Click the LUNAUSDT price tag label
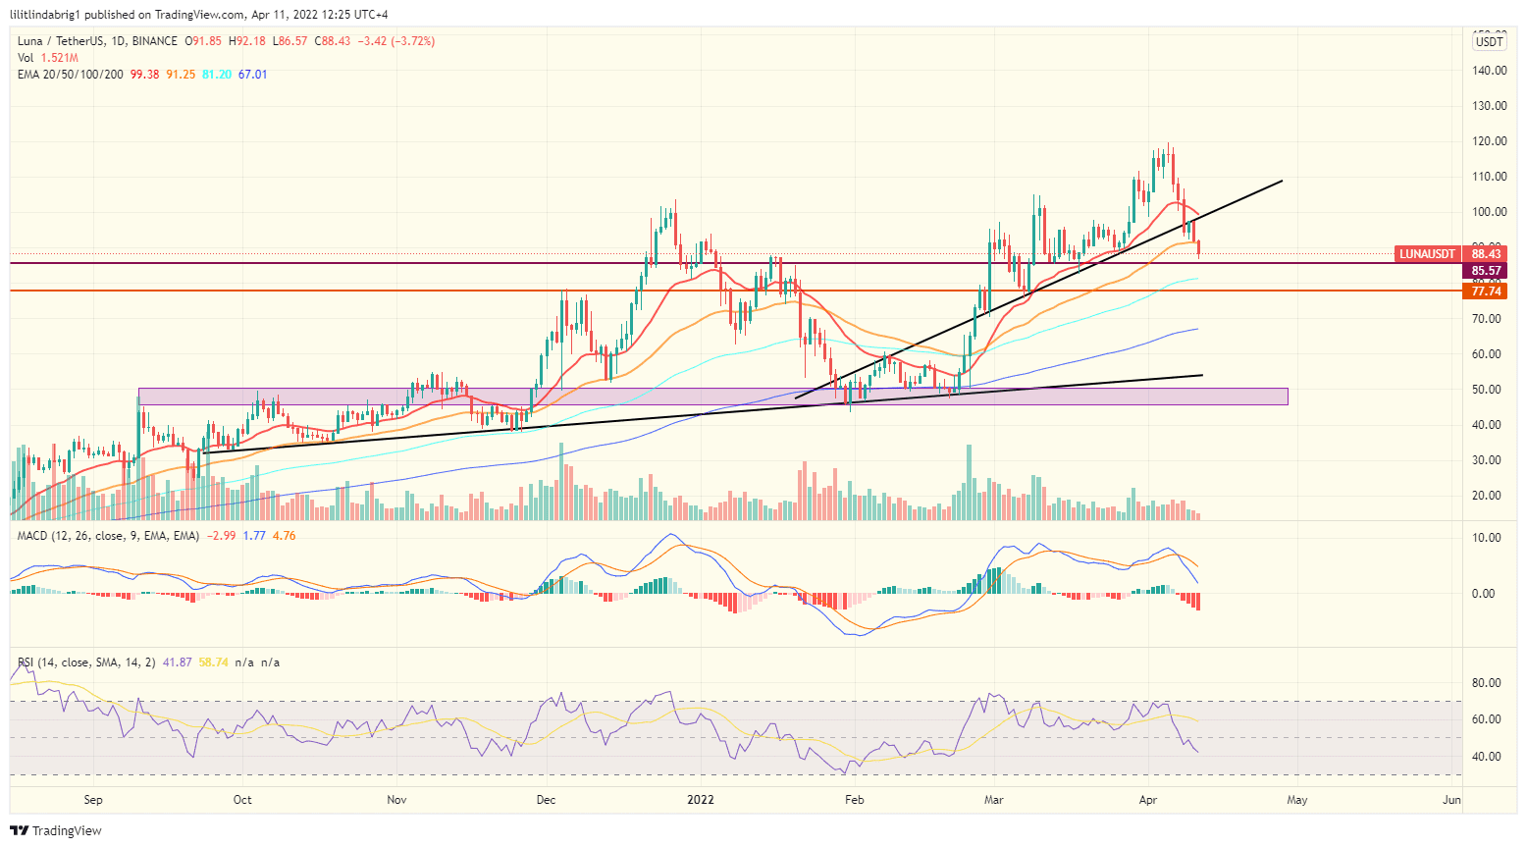pos(1427,254)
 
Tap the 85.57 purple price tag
pos(1486,271)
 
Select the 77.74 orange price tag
pos(1486,291)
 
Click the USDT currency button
pos(1490,41)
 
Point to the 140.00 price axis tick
pos(1490,71)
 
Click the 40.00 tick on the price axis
pos(1490,425)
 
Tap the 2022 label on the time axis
pos(701,800)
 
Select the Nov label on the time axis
pos(396,800)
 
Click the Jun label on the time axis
pos(1451,800)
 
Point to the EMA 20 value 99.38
pos(144,75)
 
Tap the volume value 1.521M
pos(59,58)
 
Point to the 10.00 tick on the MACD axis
pos(1486,538)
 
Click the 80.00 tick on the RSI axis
pos(1486,683)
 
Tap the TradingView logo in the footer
pos(56,830)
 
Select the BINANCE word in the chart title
pos(154,41)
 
